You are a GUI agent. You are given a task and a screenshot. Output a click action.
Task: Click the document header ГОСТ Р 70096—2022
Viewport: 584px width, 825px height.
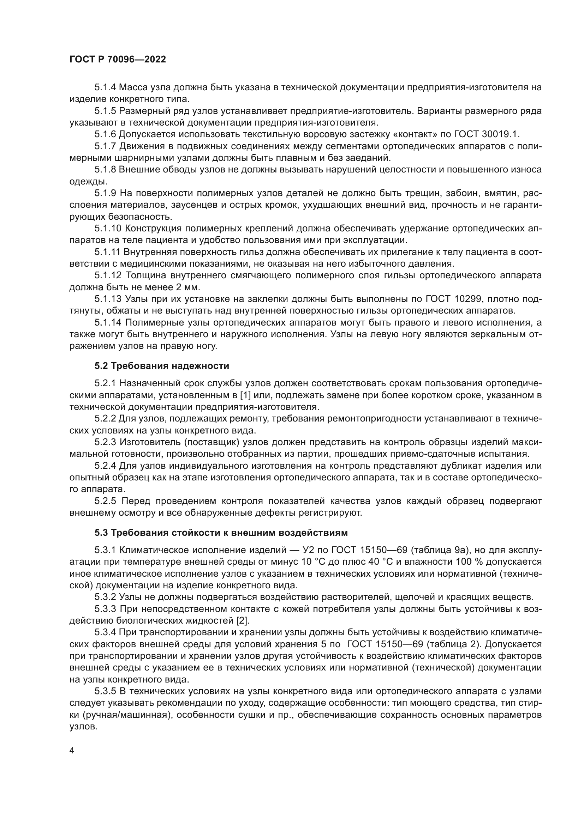click(118, 60)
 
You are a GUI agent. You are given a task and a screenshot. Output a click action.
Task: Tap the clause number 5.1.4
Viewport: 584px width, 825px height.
click(105, 87)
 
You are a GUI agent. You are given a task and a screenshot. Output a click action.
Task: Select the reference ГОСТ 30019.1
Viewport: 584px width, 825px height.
click(487, 134)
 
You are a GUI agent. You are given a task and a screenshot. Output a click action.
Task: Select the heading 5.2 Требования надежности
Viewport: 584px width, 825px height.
click(162, 366)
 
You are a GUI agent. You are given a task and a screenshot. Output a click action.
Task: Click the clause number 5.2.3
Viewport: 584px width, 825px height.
click(105, 442)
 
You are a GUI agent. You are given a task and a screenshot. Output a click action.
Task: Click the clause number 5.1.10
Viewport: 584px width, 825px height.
click(107, 229)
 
